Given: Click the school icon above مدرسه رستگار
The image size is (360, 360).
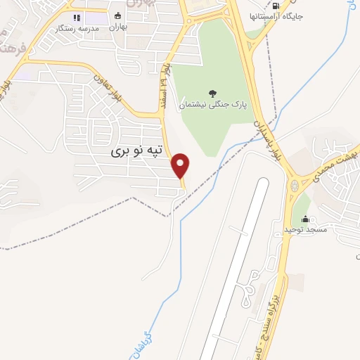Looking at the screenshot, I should pyautogui.click(x=77, y=17).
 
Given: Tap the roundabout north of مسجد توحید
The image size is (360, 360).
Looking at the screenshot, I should pyautogui.click(x=293, y=187).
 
